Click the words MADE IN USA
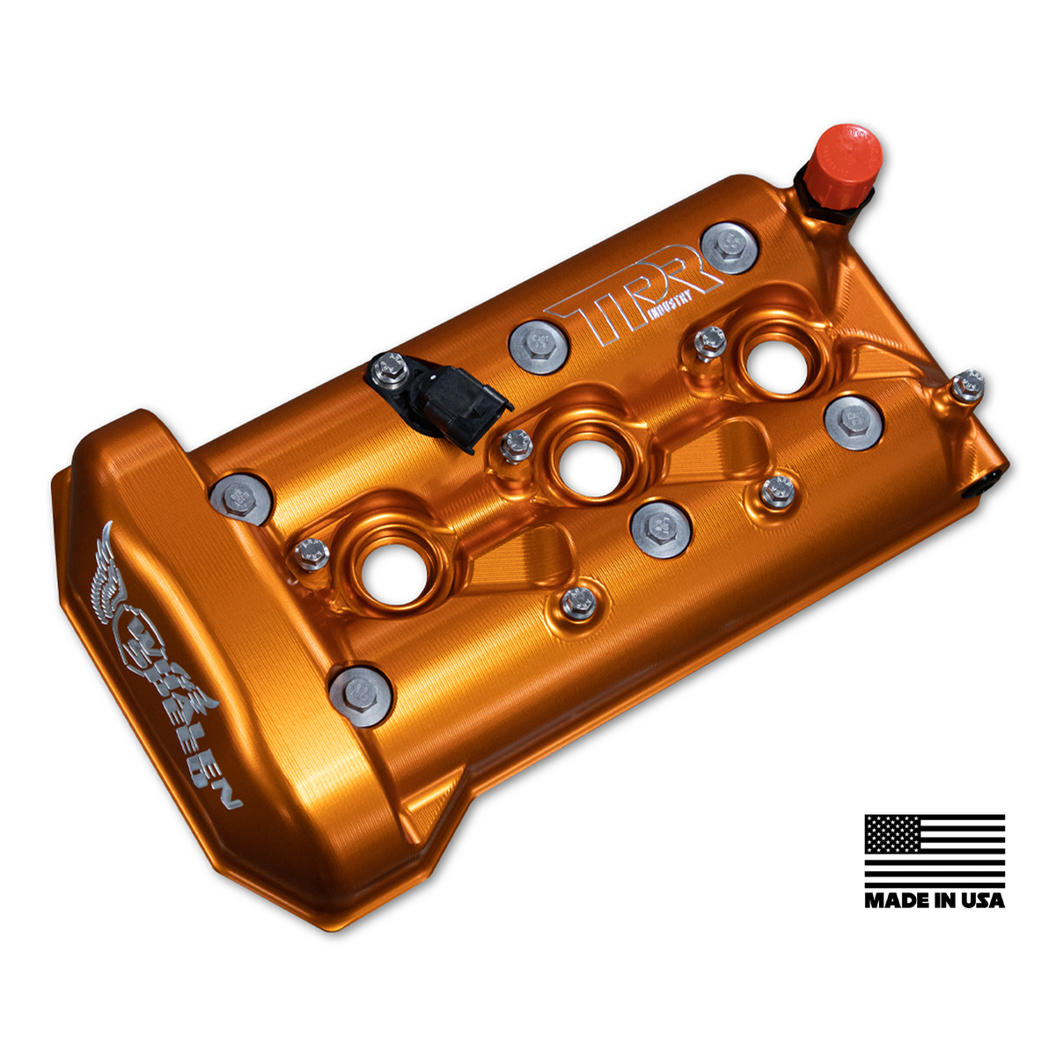(934, 900)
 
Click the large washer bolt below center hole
(660, 529)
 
